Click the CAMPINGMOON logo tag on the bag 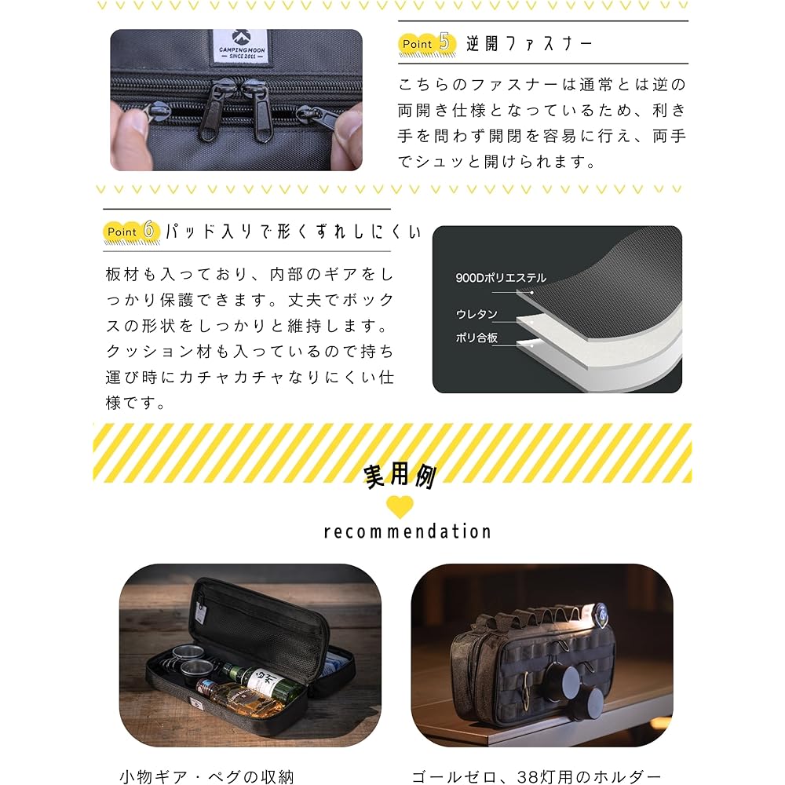pyautogui.click(x=241, y=46)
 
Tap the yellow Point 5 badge pyautogui.click(x=427, y=44)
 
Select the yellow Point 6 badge pyautogui.click(x=132, y=232)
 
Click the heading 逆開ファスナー pyautogui.click(x=529, y=44)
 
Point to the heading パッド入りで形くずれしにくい pyautogui.click(x=294, y=232)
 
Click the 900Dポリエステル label pyautogui.click(x=501, y=277)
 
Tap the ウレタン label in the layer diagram pyautogui.click(x=476, y=314)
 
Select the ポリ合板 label pyautogui.click(x=476, y=338)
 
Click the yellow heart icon pyautogui.click(x=400, y=506)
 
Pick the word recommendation pyautogui.click(x=407, y=531)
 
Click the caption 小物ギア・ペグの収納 pyautogui.click(x=206, y=776)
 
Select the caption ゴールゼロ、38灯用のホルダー pyautogui.click(x=536, y=776)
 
